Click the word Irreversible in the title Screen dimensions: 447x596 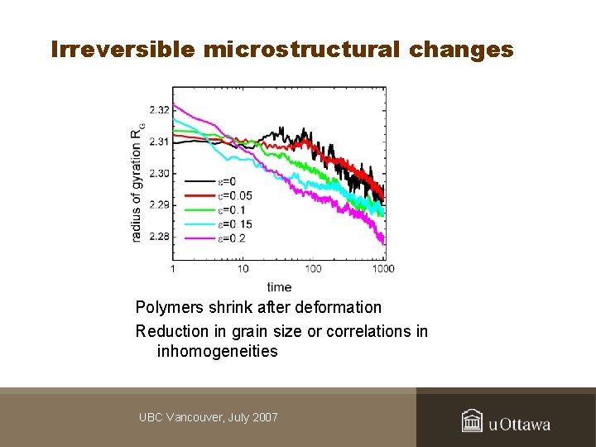(x=122, y=50)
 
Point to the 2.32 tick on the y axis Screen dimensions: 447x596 (x=159, y=110)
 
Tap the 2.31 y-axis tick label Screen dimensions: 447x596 (x=159, y=142)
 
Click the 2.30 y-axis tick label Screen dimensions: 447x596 (x=159, y=173)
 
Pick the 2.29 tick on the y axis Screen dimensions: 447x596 (x=159, y=204)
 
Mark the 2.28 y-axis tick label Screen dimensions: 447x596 (x=159, y=237)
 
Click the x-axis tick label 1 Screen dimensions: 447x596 (x=172, y=268)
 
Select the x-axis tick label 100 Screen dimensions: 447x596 (x=313, y=268)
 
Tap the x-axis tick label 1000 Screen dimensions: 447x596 (x=383, y=268)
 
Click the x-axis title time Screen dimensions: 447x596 (x=279, y=287)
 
